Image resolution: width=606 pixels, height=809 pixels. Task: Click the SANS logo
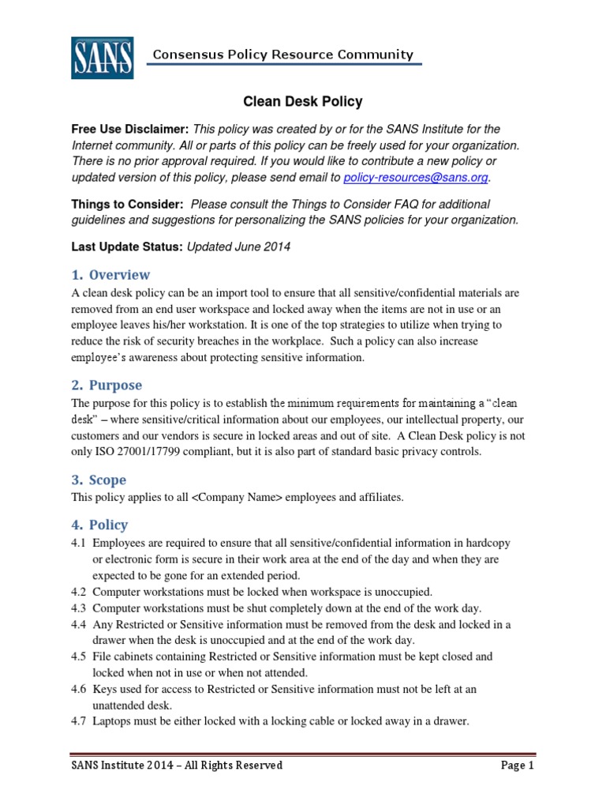[x=102, y=57]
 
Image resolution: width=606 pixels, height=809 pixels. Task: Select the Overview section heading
[x=110, y=275]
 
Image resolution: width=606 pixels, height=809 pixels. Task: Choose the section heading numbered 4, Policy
[x=99, y=525]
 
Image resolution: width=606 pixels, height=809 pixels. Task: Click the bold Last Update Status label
[x=127, y=246]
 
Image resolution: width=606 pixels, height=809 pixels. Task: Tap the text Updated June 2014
[x=238, y=246]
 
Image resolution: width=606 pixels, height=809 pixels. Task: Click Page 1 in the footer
[x=517, y=766]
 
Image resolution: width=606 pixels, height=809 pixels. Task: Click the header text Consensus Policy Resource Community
[x=282, y=55]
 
